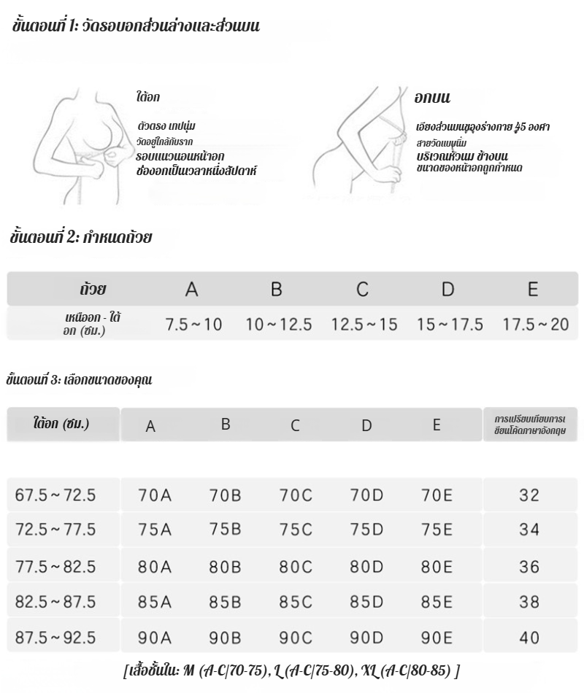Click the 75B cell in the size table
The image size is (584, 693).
click(225, 530)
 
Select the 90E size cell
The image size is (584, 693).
click(437, 637)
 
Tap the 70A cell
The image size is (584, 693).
click(155, 495)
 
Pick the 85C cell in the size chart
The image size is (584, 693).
click(296, 602)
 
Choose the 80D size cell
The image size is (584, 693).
click(366, 566)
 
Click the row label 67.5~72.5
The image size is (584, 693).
click(55, 495)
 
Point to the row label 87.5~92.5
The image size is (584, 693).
click(55, 637)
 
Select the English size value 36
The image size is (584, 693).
click(529, 567)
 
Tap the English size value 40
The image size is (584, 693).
click(529, 638)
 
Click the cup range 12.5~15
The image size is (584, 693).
click(364, 325)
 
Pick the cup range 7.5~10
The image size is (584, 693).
click(193, 325)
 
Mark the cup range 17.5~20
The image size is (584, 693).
click(535, 325)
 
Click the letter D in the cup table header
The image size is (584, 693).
click(447, 290)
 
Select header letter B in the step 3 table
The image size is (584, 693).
click(226, 424)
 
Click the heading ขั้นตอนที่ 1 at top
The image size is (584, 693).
click(135, 28)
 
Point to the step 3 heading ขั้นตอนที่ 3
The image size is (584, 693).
click(79, 379)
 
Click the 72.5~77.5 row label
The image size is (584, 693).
click(55, 530)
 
